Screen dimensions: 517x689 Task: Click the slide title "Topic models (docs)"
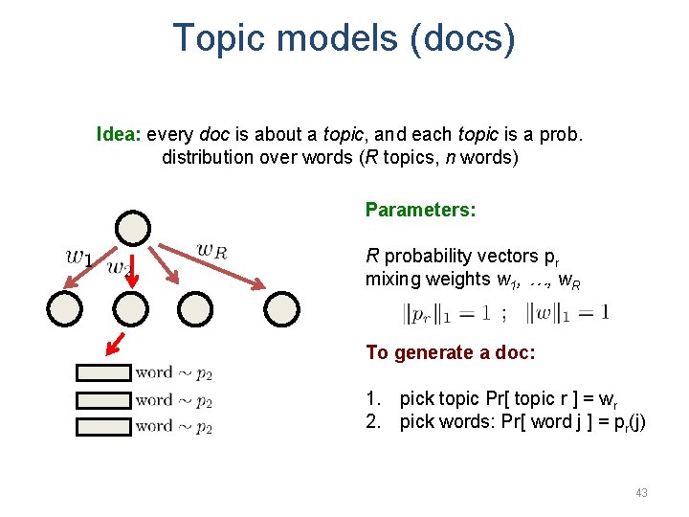pos(344,38)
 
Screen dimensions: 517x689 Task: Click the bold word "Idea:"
pos(119,134)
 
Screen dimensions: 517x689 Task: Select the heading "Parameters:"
pos(421,210)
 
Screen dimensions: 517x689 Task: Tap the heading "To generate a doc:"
pos(450,352)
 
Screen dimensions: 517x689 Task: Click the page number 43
pos(641,492)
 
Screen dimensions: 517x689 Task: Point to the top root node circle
pos(133,229)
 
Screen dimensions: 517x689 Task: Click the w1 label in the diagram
pos(78,257)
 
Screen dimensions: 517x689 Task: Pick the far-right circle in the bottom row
pos(282,309)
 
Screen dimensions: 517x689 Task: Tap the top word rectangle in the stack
pos(103,373)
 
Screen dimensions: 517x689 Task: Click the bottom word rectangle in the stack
pos(103,426)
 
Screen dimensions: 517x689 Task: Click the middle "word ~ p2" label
pos(173,400)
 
